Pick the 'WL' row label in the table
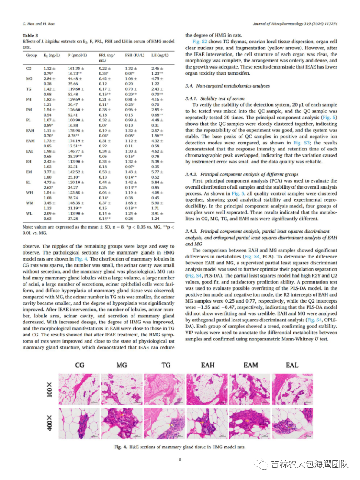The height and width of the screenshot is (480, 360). click(x=29, y=214)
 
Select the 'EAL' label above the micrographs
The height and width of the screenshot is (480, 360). click(x=292, y=366)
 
